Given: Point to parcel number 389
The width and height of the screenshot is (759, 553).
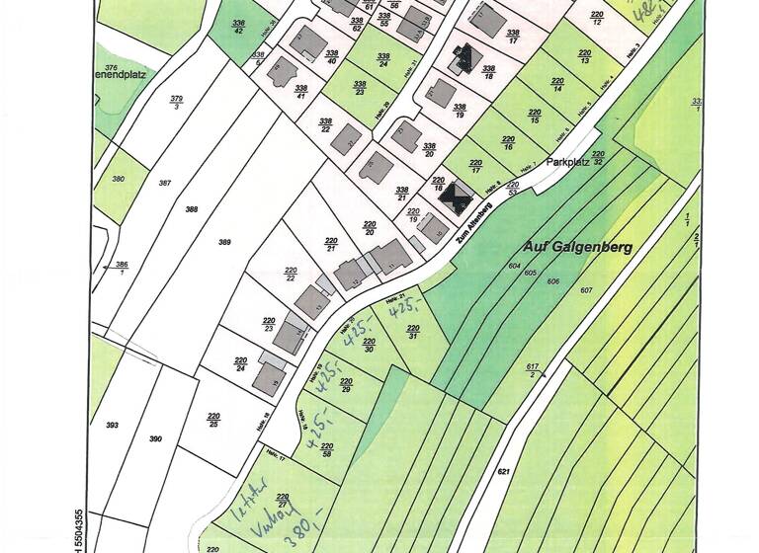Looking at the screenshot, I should point(224,242).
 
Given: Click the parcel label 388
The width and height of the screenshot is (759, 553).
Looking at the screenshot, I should point(191,209).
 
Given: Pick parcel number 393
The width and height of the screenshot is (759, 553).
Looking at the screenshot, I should point(112,425).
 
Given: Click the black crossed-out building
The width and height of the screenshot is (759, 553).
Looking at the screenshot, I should point(456,197).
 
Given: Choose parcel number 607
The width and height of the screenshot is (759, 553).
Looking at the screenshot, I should point(586,289).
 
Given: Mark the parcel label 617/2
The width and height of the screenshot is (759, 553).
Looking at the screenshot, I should point(533,370).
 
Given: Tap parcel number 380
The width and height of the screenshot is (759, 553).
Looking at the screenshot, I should point(119,179).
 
